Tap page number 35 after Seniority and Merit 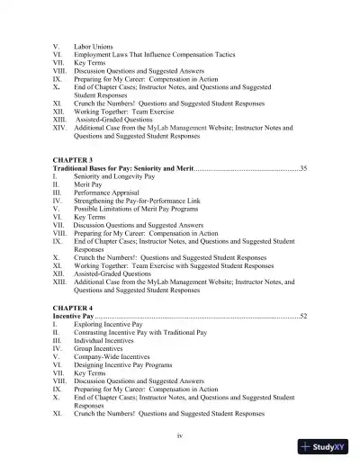(303, 168)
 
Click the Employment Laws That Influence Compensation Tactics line (155, 54)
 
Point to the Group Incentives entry (102, 356)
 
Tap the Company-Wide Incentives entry (114, 366)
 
